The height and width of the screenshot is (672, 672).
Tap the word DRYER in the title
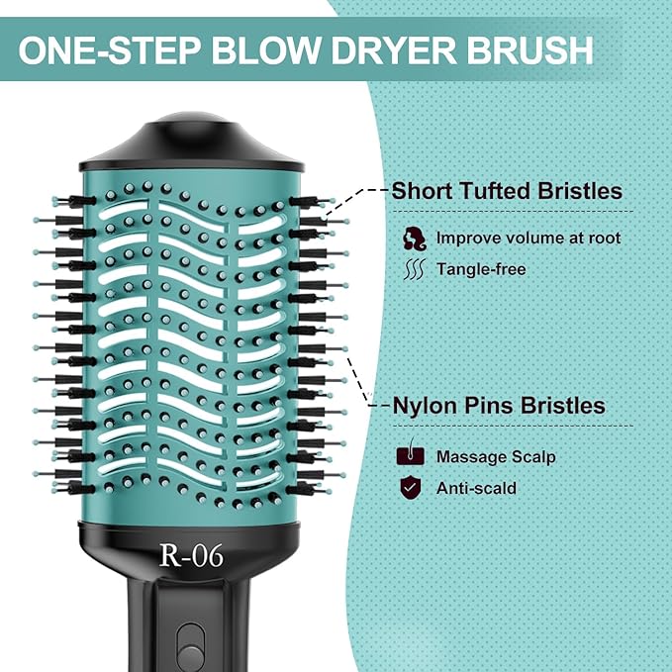pyautogui.click(x=405, y=50)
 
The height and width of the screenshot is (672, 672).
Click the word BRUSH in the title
pyautogui.click(x=538, y=50)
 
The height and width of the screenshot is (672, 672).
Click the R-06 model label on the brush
pyautogui.click(x=191, y=556)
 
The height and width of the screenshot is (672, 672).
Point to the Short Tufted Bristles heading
pyautogui.click(x=507, y=190)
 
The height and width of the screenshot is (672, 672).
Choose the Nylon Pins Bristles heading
pyautogui.click(x=499, y=406)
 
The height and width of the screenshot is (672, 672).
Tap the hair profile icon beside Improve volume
pyautogui.click(x=415, y=238)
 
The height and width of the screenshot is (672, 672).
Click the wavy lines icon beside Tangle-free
pyautogui.click(x=415, y=269)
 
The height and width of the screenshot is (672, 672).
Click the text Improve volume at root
pyautogui.click(x=528, y=238)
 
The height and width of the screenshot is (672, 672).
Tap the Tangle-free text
pyautogui.click(x=481, y=269)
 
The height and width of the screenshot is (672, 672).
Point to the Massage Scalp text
pyautogui.click(x=496, y=457)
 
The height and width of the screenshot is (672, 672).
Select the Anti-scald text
pyautogui.click(x=477, y=488)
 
